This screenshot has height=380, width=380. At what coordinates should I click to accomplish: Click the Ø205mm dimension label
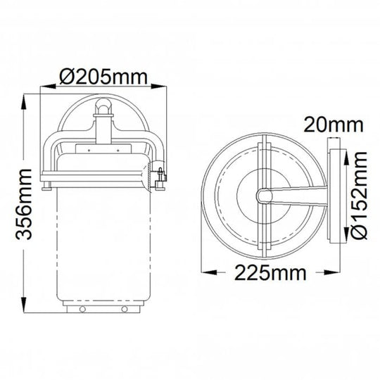pyautogui.click(x=103, y=77)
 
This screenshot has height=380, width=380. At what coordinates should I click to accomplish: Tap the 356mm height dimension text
pyautogui.click(x=24, y=204)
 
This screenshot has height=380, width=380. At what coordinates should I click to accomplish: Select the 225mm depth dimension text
pyautogui.click(x=270, y=273)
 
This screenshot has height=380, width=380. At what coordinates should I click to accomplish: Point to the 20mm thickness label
pyautogui.click(x=334, y=125)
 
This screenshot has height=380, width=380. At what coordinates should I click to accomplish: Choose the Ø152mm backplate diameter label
pyautogui.click(x=359, y=196)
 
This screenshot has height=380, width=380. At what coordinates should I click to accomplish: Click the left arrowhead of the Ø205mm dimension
pyautogui.click(x=48, y=87)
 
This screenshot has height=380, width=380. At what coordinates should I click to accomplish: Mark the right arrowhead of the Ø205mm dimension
pyautogui.click(x=159, y=87)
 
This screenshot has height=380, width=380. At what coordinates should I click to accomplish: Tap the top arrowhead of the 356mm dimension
pyautogui.click(x=24, y=103)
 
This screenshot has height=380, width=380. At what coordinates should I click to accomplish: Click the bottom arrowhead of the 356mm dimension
pyautogui.click(x=24, y=305)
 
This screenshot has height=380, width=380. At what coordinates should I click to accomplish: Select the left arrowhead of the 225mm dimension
pyautogui.click(x=209, y=272)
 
